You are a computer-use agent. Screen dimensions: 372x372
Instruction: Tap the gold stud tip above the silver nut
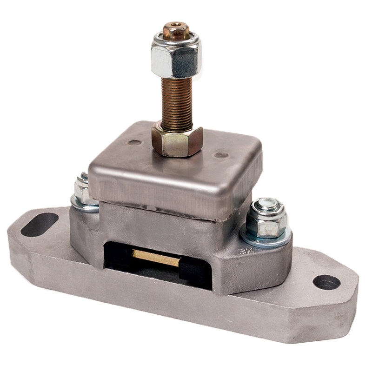(x=176, y=30)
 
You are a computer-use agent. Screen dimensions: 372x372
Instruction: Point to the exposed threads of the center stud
(x=177, y=102)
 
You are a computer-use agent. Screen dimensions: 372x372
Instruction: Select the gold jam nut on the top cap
(x=177, y=139)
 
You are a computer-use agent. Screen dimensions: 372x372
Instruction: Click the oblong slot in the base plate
(x=40, y=224)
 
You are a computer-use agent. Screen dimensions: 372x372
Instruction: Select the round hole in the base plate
(x=326, y=282)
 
